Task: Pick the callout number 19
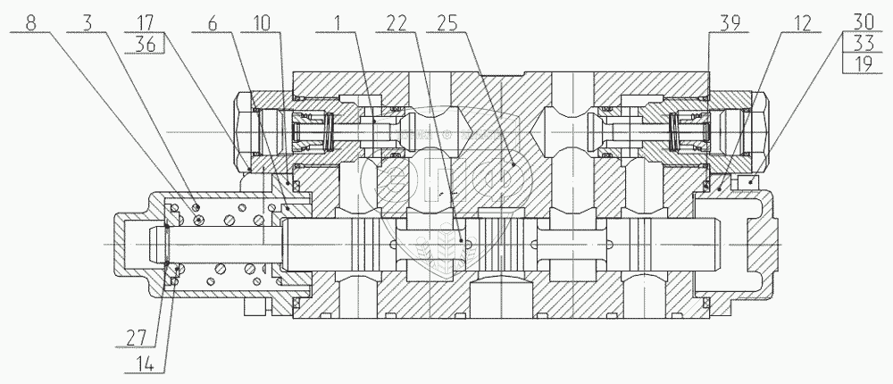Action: [863, 63]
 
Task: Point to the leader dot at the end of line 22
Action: [461, 241]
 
